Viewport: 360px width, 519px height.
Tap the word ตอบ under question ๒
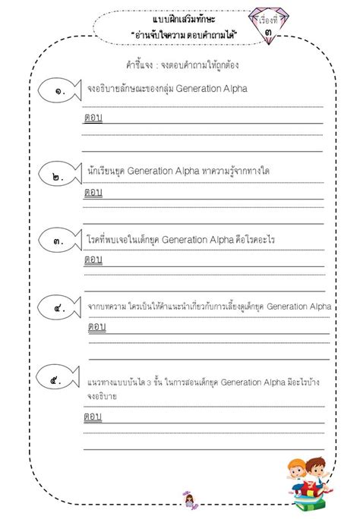(93, 192)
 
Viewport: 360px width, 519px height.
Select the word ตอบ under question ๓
(93, 259)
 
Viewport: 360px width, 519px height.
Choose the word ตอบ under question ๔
(97, 326)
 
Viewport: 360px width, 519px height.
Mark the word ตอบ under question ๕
(93, 417)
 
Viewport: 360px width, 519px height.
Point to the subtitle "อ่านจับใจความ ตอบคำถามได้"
(179, 35)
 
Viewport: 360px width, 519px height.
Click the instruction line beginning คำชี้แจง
(179, 64)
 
